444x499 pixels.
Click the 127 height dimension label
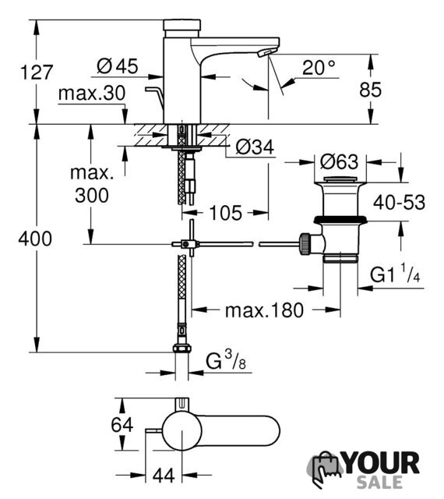tap(36, 73)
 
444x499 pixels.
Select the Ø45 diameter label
tap(118, 66)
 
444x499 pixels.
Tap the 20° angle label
tap(319, 68)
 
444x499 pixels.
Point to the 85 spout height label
tap(370, 90)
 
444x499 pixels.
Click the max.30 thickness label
tap(92, 94)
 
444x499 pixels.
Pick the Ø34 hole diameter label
tap(255, 147)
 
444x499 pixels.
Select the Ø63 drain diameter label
tap(339, 161)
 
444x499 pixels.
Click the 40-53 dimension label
tap(399, 203)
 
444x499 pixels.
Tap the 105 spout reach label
tap(225, 213)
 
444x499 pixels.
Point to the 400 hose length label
tap(35, 239)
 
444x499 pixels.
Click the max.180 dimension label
tap(264, 310)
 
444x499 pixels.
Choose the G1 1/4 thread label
tap(395, 274)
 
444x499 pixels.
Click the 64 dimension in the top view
tap(122, 425)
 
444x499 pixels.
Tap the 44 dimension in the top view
tap(164, 476)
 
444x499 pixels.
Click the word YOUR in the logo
tap(382, 463)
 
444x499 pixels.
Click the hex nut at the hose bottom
tap(182, 348)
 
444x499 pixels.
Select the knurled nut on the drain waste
tap(304, 244)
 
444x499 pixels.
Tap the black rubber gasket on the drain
tap(340, 219)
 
